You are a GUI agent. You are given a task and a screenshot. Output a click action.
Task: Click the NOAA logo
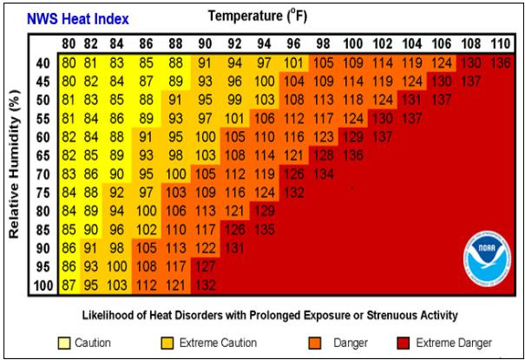click(488, 259)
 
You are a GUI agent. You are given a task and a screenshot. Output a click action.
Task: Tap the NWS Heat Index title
click(78, 19)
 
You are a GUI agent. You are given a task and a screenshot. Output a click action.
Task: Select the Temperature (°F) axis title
click(258, 16)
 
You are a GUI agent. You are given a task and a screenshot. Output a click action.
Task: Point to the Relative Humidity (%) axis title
click(14, 164)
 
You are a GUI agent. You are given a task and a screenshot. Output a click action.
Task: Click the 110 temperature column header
click(501, 43)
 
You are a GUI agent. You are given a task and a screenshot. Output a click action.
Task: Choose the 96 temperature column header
click(293, 43)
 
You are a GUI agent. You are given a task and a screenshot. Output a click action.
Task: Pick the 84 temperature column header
click(116, 43)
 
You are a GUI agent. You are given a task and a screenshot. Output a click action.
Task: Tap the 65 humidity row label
click(43, 156)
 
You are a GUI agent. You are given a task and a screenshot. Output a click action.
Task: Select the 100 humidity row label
click(43, 285)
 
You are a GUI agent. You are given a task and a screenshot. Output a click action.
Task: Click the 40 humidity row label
click(43, 63)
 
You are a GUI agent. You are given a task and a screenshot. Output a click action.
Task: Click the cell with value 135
click(265, 230)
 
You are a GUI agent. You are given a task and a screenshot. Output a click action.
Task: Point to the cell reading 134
click(324, 174)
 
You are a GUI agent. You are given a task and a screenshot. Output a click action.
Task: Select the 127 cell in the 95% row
click(206, 266)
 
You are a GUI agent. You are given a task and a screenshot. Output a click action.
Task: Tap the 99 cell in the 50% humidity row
click(234, 100)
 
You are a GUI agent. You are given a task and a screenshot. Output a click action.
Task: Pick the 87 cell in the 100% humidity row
click(69, 285)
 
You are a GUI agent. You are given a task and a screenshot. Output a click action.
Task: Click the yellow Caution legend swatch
click(64, 343)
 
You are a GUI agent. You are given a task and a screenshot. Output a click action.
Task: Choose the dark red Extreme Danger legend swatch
click(403, 343)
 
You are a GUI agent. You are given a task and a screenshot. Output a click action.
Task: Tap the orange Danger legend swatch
click(315, 343)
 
